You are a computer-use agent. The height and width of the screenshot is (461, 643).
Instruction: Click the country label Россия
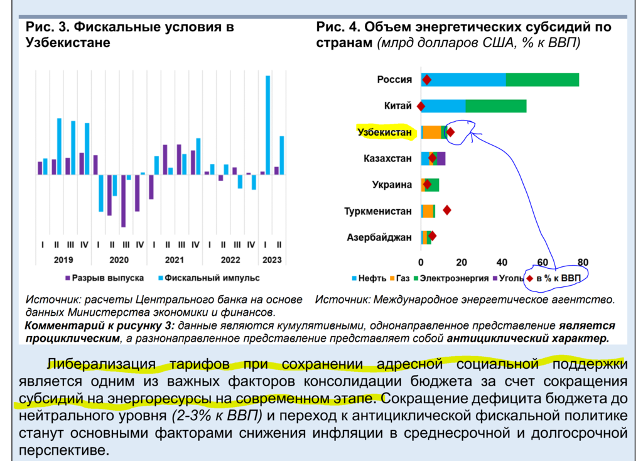pos(394,80)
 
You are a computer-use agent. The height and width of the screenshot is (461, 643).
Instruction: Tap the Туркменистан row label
pos(378,211)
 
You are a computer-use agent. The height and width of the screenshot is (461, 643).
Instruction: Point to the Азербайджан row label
pos(379,237)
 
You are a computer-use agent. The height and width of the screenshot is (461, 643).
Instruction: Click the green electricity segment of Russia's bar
pos(543,80)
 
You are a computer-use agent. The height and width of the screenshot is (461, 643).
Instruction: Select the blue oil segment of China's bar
pos(444,106)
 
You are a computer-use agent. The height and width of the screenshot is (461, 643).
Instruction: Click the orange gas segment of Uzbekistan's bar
pos(432,132)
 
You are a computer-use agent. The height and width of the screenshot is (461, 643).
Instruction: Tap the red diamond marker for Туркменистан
pos(447,210)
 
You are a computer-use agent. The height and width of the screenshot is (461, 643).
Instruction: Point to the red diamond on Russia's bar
pos(427,80)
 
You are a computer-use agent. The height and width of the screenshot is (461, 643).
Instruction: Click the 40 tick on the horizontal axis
pos(502,261)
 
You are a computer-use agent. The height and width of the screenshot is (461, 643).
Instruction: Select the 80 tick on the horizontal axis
pos(583,261)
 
